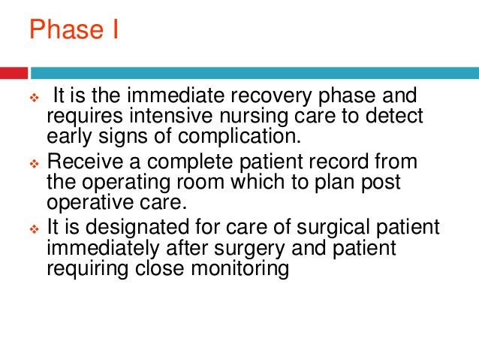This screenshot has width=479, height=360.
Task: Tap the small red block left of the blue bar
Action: (14, 73)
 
